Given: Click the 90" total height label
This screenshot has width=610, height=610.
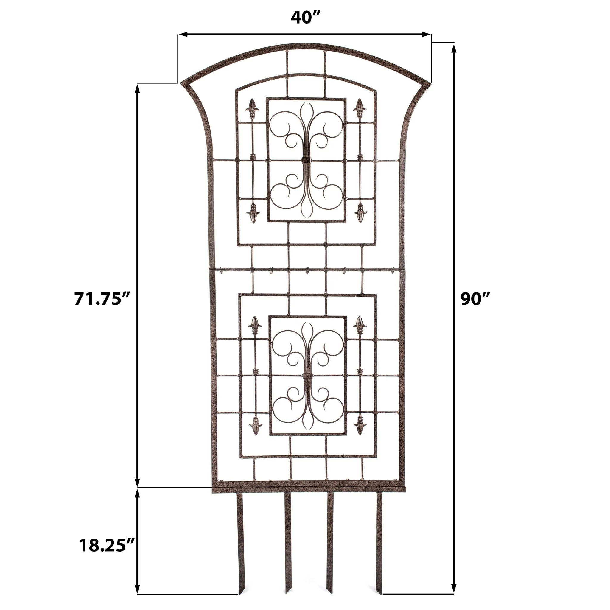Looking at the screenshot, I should point(475,298).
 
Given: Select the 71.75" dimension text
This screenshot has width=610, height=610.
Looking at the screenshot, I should point(102,298).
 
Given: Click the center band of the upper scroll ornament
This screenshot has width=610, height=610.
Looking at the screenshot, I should point(306,160).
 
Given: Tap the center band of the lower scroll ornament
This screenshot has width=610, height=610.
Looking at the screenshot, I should point(307,376).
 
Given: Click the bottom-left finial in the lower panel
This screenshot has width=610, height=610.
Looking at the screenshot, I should point(255,427).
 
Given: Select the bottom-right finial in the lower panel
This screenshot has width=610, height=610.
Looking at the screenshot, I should point(360,427).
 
